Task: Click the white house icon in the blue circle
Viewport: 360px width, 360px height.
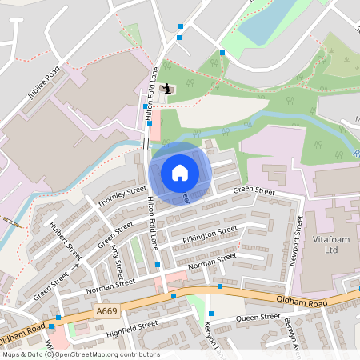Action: click(180, 173)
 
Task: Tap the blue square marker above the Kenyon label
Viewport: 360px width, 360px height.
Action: click(211, 314)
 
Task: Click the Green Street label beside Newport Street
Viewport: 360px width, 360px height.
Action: click(254, 192)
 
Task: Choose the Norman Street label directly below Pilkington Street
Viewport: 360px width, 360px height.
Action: click(212, 260)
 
